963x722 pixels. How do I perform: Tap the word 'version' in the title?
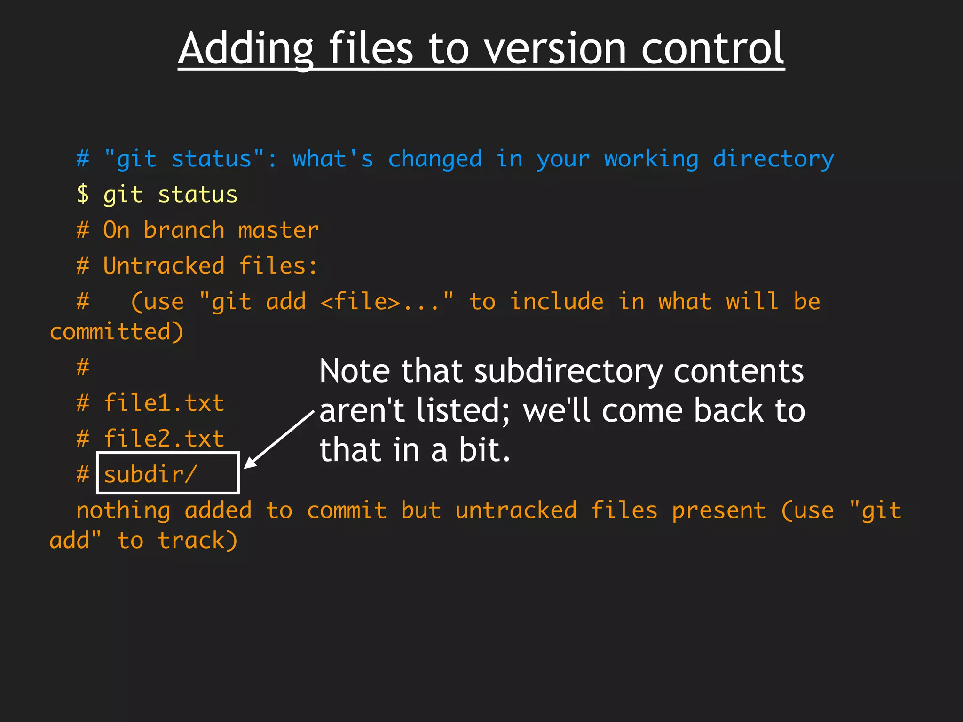coord(555,49)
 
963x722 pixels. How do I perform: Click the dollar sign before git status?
coord(83,194)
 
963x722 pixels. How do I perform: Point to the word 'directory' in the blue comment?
coord(773,159)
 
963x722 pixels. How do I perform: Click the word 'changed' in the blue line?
coord(435,159)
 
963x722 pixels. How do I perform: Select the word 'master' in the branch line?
coord(278,230)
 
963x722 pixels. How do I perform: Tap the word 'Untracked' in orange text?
coord(164,266)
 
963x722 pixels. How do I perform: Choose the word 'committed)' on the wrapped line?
coord(117,332)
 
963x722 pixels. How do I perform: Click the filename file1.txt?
coord(164,403)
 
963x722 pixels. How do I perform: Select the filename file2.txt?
coord(164,439)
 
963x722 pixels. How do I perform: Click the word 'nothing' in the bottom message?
coord(123,510)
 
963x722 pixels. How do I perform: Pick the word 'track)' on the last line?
coord(197,541)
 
